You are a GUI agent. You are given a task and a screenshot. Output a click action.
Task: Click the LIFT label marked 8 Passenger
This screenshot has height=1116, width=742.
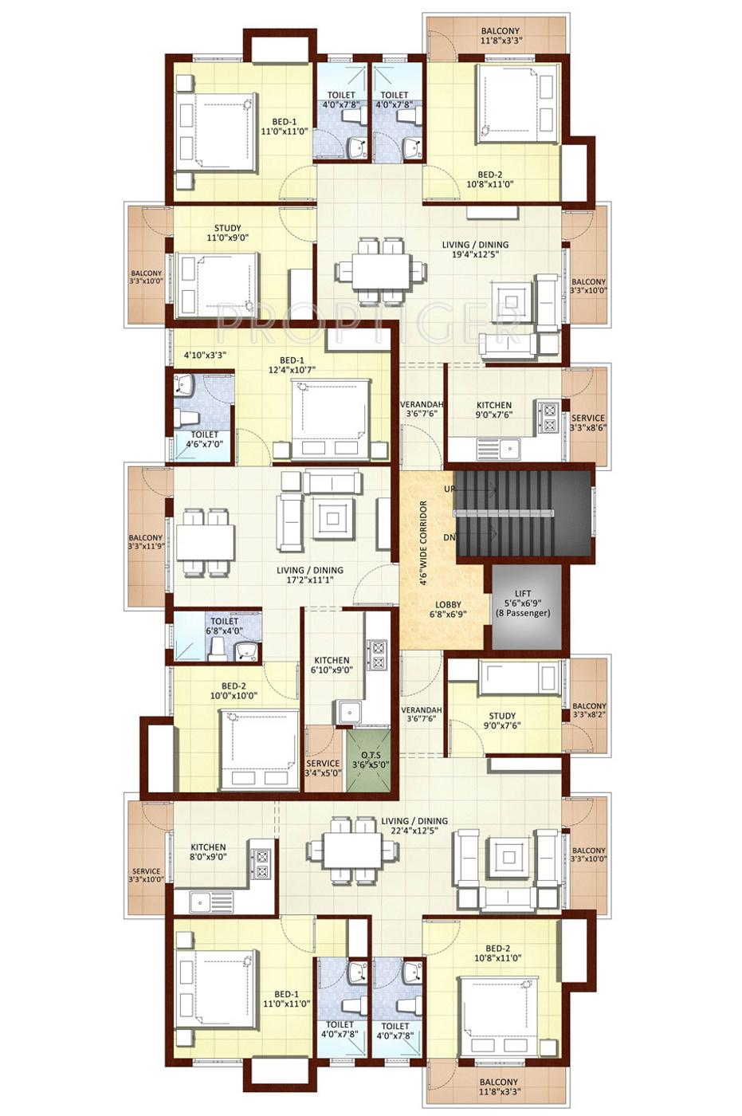(x=523, y=603)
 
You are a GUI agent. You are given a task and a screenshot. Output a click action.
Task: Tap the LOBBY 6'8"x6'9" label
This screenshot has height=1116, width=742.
(x=447, y=610)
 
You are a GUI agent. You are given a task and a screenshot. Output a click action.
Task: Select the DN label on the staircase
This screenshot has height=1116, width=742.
(x=450, y=537)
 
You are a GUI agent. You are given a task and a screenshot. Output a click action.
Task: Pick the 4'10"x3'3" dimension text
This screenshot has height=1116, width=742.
(x=206, y=356)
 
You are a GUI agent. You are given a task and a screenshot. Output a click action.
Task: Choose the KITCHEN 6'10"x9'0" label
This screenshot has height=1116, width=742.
(x=332, y=665)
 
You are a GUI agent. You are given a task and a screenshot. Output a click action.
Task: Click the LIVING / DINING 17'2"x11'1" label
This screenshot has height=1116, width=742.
(x=310, y=576)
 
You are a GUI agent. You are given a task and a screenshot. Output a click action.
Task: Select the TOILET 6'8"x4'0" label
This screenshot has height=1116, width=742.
(x=224, y=626)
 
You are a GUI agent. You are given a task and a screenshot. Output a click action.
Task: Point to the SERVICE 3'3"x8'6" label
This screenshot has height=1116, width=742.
(x=588, y=422)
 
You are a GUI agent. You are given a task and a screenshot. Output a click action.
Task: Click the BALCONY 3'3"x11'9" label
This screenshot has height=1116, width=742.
(x=145, y=542)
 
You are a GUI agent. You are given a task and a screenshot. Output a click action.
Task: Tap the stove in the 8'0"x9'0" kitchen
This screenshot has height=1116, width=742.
(x=260, y=863)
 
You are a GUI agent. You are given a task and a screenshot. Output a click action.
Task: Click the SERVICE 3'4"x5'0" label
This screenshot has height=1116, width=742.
(x=323, y=768)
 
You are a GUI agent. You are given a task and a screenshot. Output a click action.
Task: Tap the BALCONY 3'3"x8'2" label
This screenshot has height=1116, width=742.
(x=589, y=710)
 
